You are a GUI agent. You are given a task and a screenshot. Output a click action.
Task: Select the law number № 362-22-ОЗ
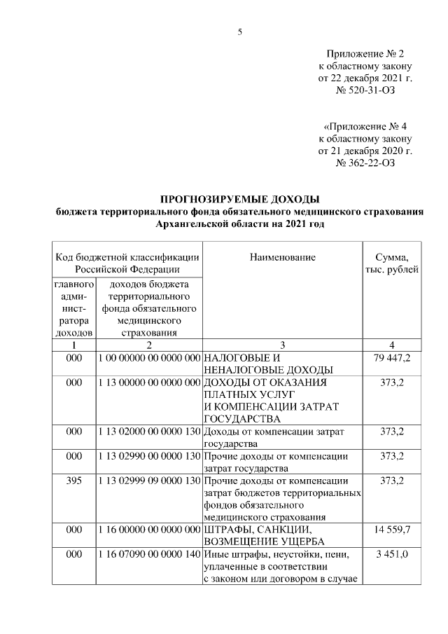365,163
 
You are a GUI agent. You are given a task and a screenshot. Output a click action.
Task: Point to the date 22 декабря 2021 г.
365,78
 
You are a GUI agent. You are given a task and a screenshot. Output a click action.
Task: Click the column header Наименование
282,257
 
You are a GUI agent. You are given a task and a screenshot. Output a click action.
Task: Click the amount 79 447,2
392,359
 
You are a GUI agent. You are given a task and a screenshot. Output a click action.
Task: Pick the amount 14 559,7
392,529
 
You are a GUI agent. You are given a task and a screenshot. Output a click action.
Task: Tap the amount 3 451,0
392,555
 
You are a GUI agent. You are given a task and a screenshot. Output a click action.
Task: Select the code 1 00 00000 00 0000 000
149,359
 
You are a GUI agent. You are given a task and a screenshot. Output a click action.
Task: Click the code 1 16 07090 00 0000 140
149,555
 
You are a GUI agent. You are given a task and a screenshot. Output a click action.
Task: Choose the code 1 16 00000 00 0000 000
149,529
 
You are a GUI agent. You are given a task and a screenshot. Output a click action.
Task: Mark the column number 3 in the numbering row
282,345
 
